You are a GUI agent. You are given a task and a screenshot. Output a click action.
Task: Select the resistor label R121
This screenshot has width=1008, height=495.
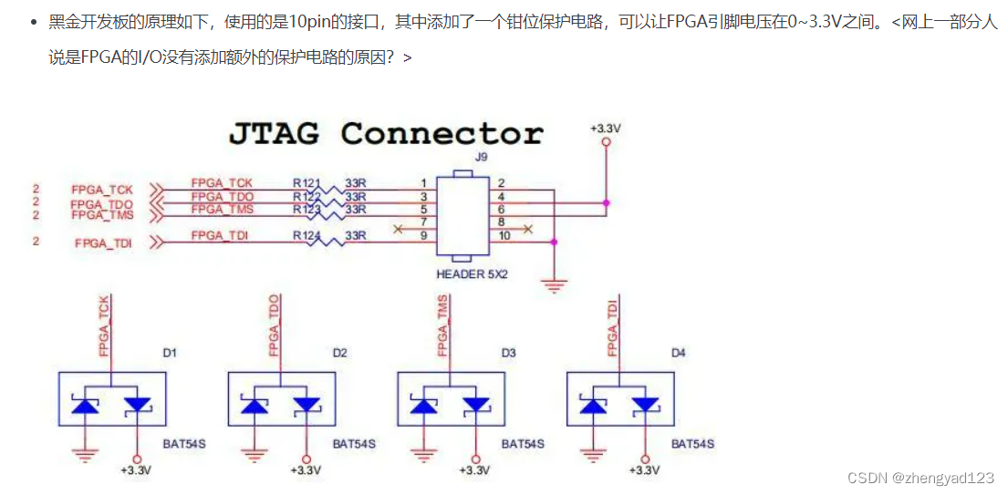click(307, 183)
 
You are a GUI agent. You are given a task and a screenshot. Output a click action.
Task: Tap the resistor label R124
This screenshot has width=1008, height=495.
click(307, 236)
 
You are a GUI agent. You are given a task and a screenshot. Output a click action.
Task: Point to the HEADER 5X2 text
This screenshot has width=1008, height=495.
click(472, 273)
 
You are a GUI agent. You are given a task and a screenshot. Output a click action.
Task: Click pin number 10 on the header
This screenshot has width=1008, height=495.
click(505, 236)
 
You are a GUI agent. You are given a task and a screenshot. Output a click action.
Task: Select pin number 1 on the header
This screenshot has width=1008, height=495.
click(423, 183)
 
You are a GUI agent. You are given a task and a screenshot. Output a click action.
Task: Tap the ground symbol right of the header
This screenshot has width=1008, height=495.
click(555, 284)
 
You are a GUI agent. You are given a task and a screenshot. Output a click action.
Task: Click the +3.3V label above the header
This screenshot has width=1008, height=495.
click(605, 129)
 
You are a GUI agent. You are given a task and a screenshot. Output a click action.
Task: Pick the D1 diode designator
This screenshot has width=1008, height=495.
click(170, 352)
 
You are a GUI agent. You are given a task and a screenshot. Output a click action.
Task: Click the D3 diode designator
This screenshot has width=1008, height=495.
click(509, 352)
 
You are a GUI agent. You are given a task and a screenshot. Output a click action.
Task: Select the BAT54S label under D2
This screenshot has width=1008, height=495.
click(353, 444)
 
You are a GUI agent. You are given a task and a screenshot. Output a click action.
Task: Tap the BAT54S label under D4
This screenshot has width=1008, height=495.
click(692, 444)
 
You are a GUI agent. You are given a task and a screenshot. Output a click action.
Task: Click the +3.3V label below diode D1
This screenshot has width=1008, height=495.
click(136, 470)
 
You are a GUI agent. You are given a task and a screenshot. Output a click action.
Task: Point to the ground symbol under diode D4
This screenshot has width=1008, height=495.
click(594, 453)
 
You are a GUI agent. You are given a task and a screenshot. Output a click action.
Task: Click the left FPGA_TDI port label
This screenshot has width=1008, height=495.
click(103, 243)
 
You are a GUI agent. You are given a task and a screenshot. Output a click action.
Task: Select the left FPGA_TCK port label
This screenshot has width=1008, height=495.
click(102, 190)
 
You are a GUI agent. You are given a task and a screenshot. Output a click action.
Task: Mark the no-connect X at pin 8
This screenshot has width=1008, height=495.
click(526, 229)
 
